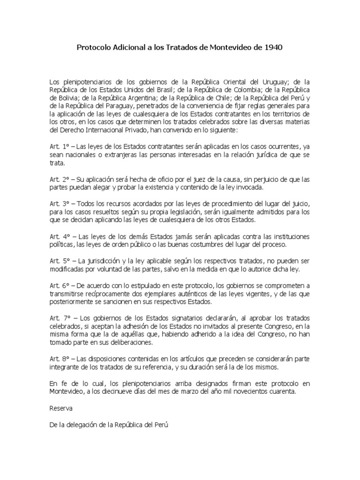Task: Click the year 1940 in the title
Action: point(273,48)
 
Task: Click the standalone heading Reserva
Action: point(61,408)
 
